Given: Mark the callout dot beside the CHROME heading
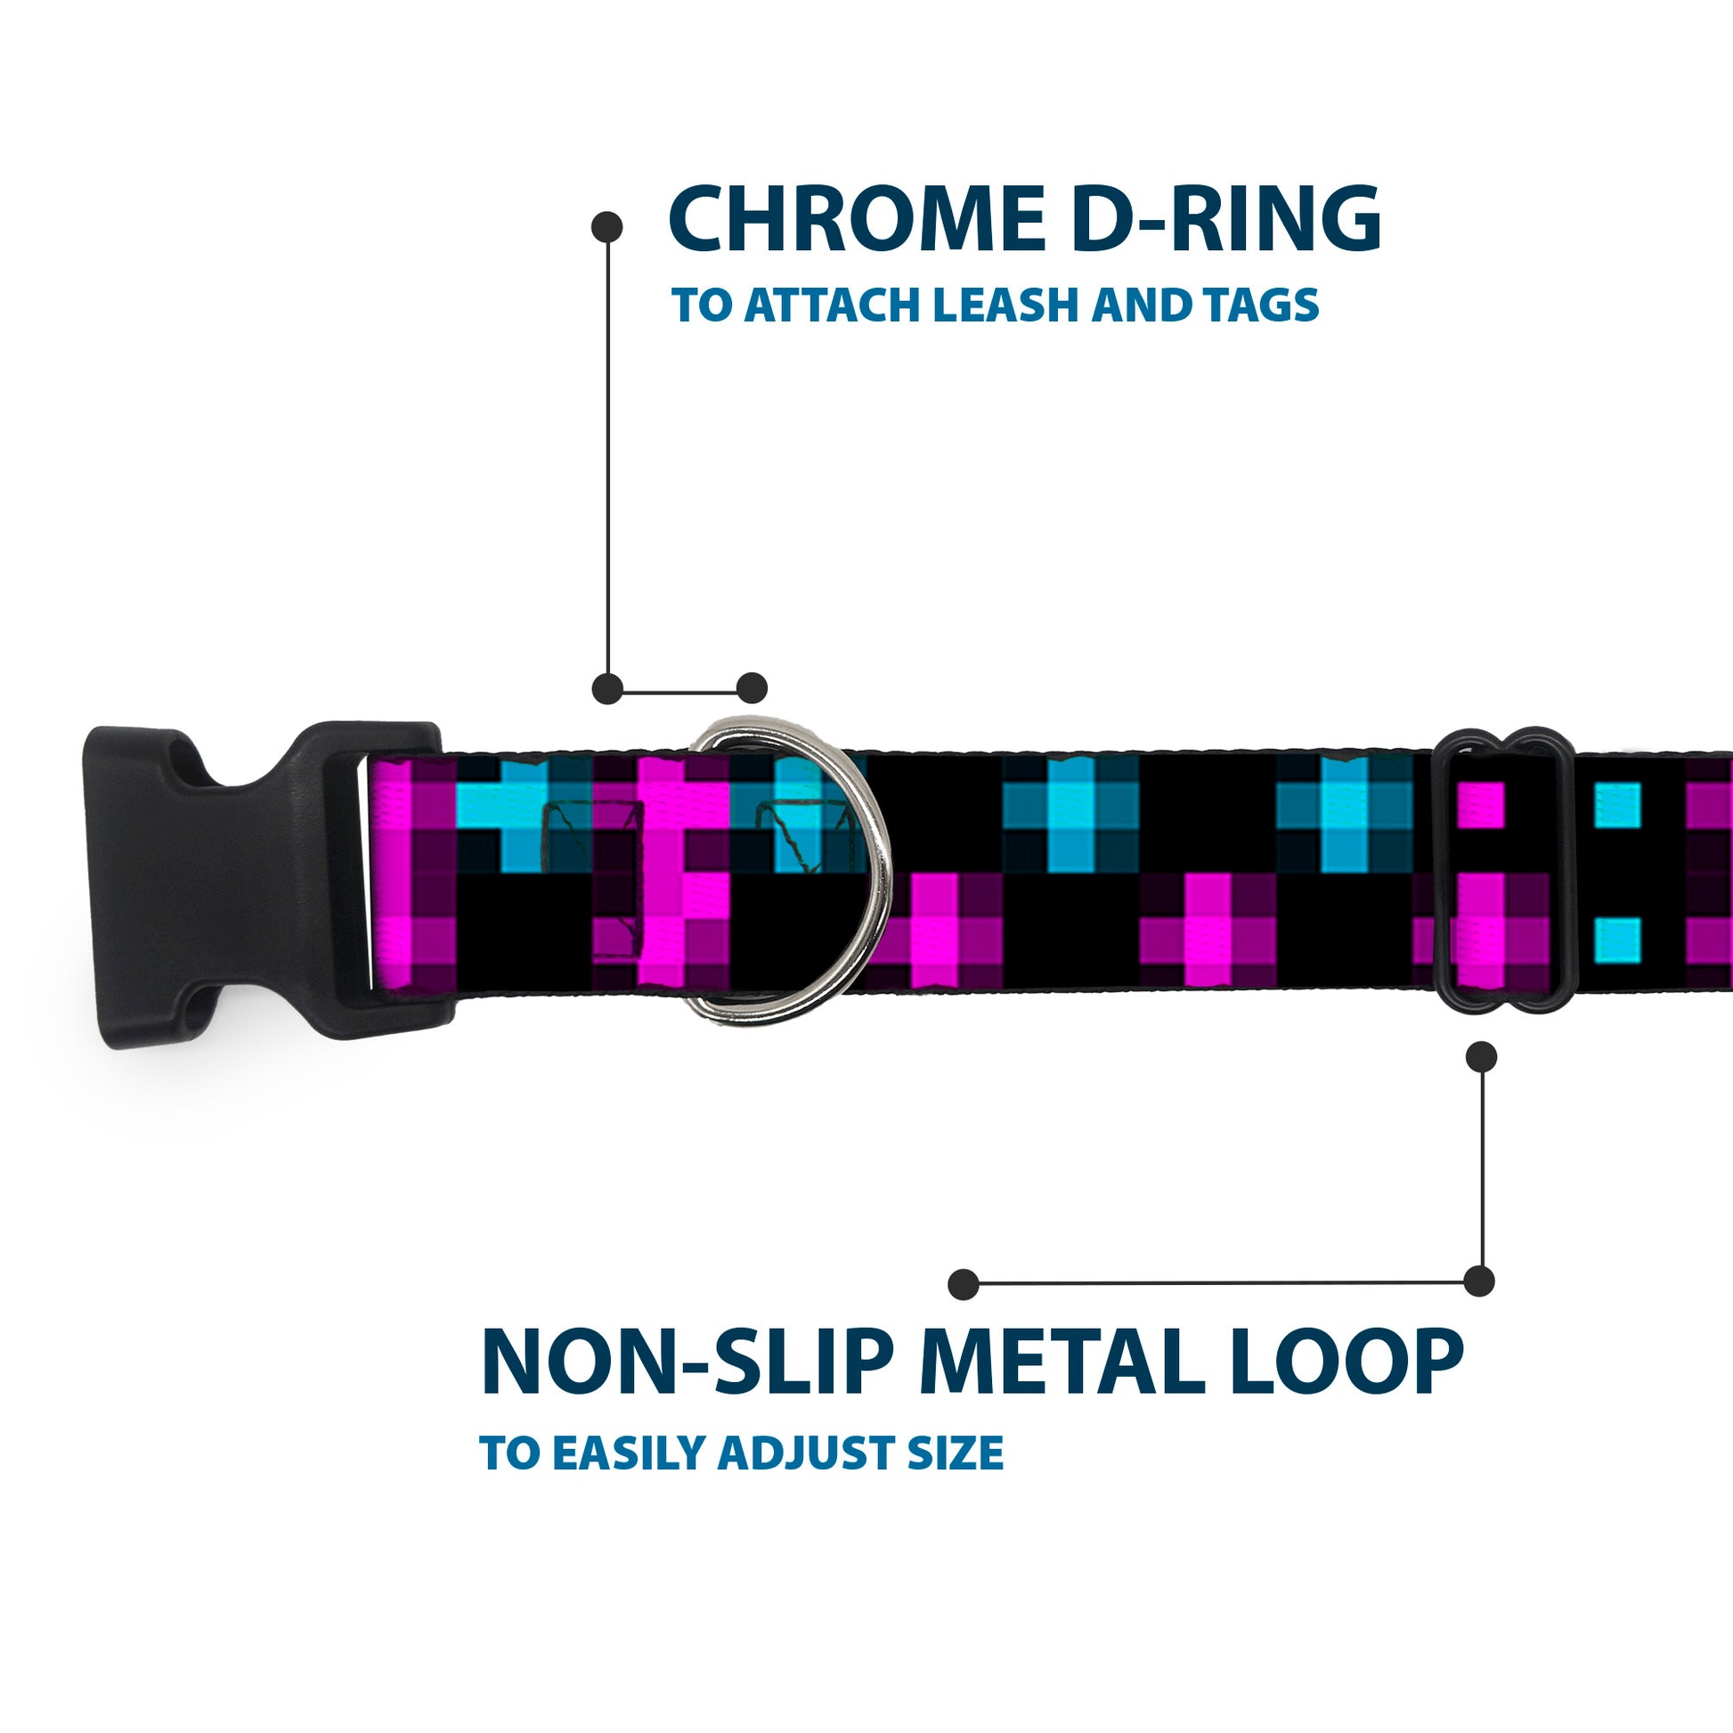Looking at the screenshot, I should (607, 227).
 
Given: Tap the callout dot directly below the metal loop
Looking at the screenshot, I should (1481, 1057).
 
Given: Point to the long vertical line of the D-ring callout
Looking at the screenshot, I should (608, 458).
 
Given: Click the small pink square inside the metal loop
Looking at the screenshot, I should (1480, 805).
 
